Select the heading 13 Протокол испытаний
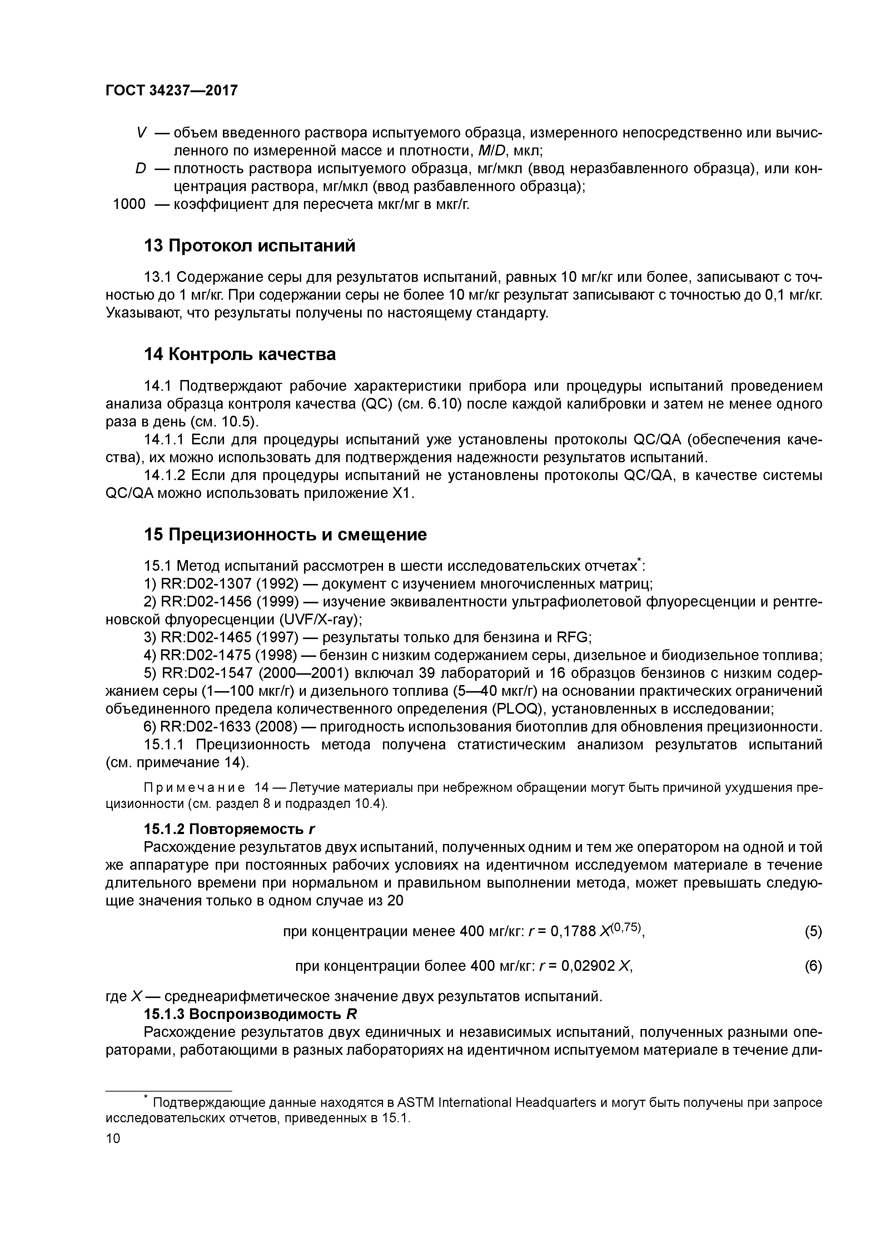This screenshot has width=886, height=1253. [249, 246]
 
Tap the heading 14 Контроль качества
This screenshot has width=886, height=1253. [240, 354]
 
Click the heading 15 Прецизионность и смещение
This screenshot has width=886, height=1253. [285, 534]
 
